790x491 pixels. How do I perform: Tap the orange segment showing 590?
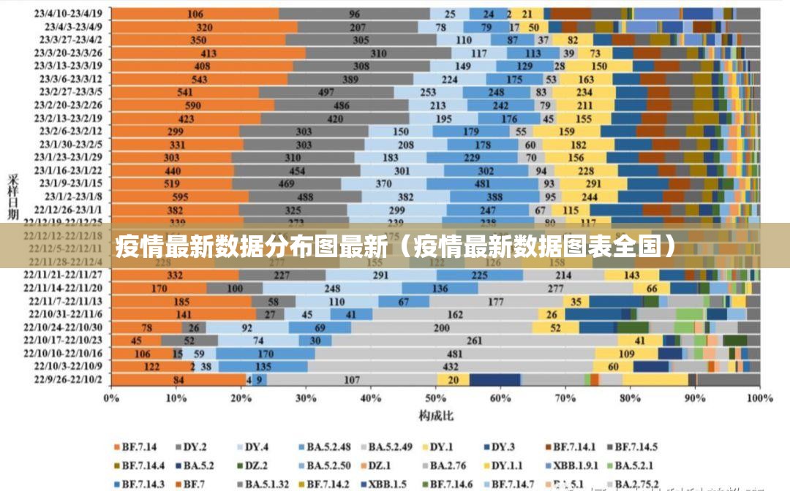coord(193,105)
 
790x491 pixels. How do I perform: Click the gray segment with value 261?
coord(474,340)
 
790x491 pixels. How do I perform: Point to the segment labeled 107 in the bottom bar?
coord(352,380)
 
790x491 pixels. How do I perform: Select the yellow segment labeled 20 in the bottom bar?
coord(454,380)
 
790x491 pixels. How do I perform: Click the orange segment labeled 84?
coord(178,380)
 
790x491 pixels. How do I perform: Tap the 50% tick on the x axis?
coord(436,399)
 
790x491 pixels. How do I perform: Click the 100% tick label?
coord(759,399)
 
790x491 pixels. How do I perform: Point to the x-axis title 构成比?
coord(436,416)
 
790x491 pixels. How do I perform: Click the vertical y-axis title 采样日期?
coord(13,197)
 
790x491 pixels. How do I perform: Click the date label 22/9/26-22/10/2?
coord(69,380)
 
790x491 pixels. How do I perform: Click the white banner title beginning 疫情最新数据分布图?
coord(395,247)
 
